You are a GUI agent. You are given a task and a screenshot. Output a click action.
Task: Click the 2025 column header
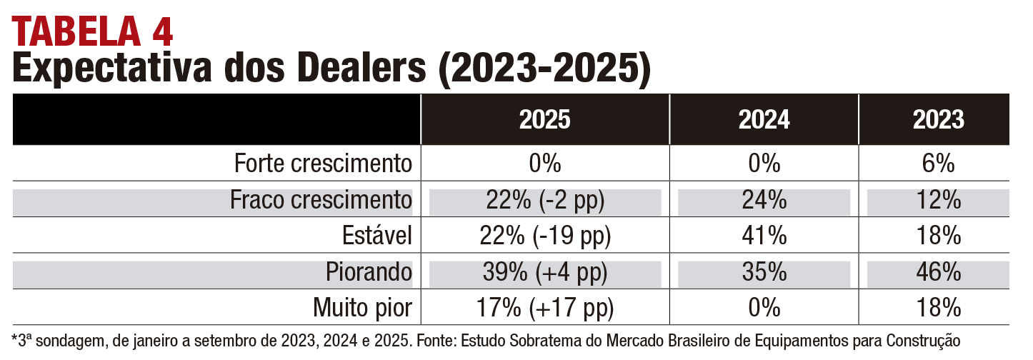point(545,119)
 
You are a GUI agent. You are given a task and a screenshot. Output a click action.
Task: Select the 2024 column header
point(764,119)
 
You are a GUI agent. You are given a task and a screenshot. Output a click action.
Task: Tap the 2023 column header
point(939,119)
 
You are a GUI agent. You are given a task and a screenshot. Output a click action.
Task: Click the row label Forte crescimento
point(324,164)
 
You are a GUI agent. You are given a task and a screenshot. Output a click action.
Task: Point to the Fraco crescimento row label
point(321,200)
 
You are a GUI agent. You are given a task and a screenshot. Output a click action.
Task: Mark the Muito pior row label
point(363,308)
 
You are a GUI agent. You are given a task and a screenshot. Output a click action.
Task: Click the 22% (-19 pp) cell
point(545,236)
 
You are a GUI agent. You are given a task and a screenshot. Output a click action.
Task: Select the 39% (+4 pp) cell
point(545,272)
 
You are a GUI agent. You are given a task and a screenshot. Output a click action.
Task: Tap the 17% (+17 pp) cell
point(545,308)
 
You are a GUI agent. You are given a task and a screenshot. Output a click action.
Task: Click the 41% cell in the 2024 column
point(764,236)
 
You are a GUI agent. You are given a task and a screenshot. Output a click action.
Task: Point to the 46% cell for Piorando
point(939,272)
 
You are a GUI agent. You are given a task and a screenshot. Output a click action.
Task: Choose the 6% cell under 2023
point(939,164)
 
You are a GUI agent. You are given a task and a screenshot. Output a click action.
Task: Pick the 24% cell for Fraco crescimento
point(764,200)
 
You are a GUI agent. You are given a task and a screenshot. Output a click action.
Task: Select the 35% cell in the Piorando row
point(764,272)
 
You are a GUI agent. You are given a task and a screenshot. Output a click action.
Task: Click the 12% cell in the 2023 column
point(939,200)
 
